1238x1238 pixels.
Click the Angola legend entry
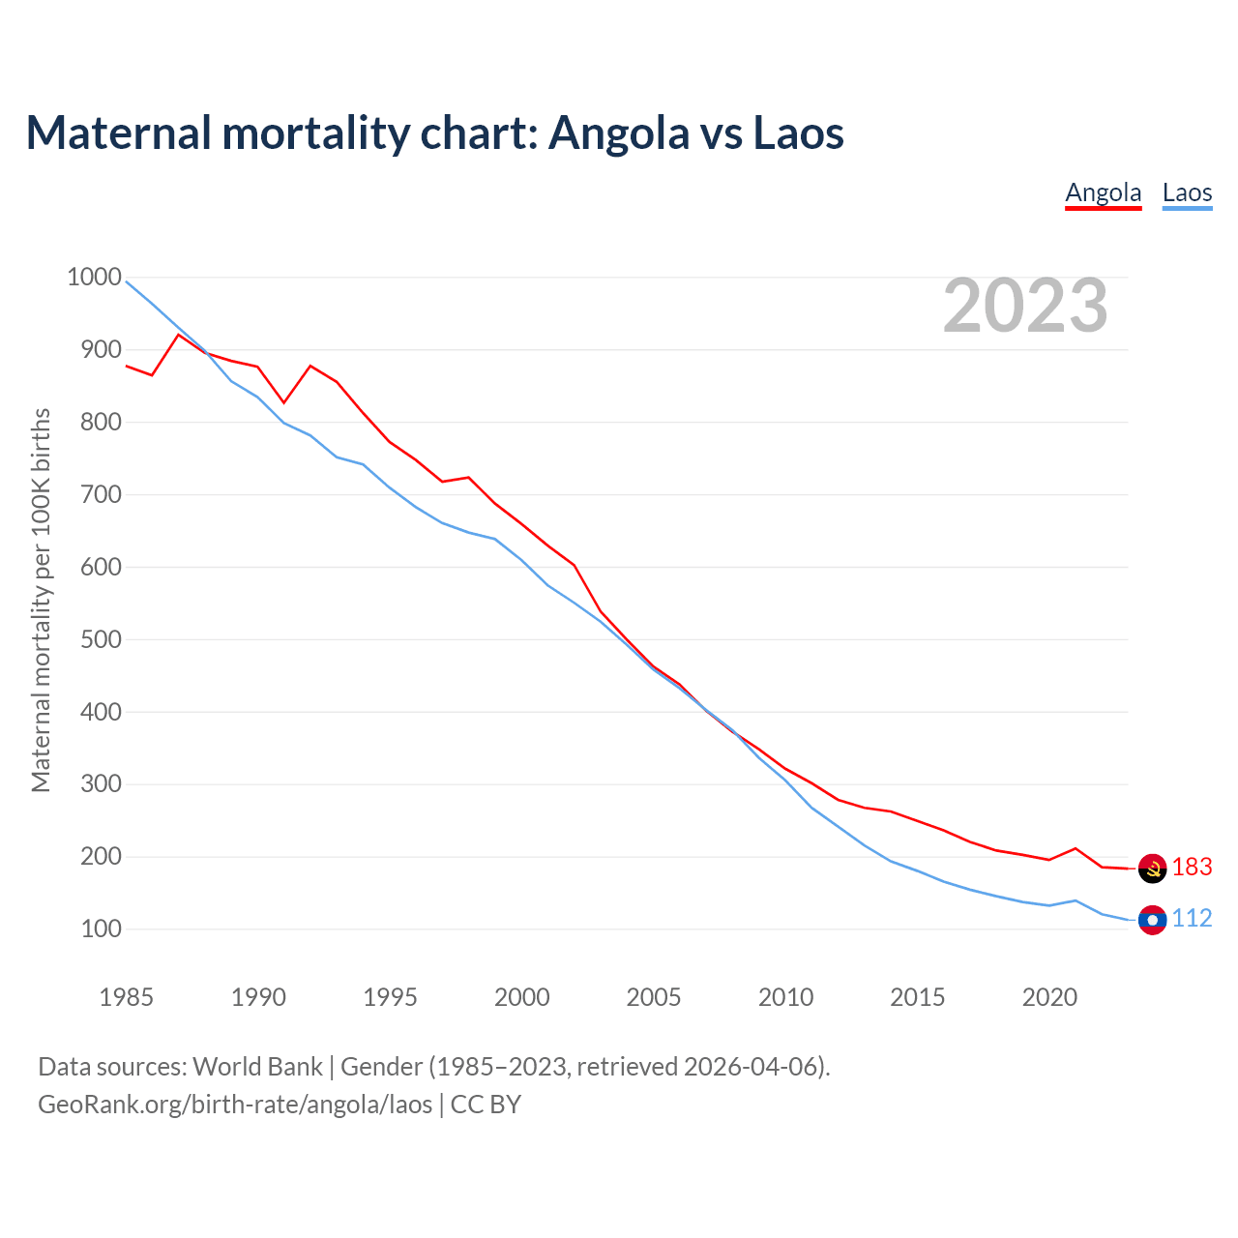(x=1103, y=192)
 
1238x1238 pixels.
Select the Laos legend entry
(x=1187, y=192)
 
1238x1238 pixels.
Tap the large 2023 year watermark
(x=1025, y=306)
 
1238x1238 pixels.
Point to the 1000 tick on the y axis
(x=94, y=278)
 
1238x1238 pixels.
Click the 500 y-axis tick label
(x=101, y=639)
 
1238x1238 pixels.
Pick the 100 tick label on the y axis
(x=101, y=929)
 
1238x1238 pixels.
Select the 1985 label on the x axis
(x=127, y=997)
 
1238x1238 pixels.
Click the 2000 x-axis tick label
(x=522, y=997)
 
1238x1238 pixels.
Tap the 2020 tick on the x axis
(x=1049, y=997)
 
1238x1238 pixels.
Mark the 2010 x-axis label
(x=785, y=997)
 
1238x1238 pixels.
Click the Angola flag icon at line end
(x=1152, y=869)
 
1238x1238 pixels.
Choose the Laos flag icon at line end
(x=1152, y=920)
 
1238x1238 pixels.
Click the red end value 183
(x=1192, y=868)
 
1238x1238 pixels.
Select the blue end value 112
(x=1192, y=919)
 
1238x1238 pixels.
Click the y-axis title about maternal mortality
(x=41, y=600)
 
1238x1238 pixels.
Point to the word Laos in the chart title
(x=798, y=133)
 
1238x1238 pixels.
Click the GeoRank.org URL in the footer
(x=235, y=1105)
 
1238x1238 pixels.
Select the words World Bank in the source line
(x=257, y=1067)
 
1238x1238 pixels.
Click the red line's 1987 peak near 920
(x=178, y=335)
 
